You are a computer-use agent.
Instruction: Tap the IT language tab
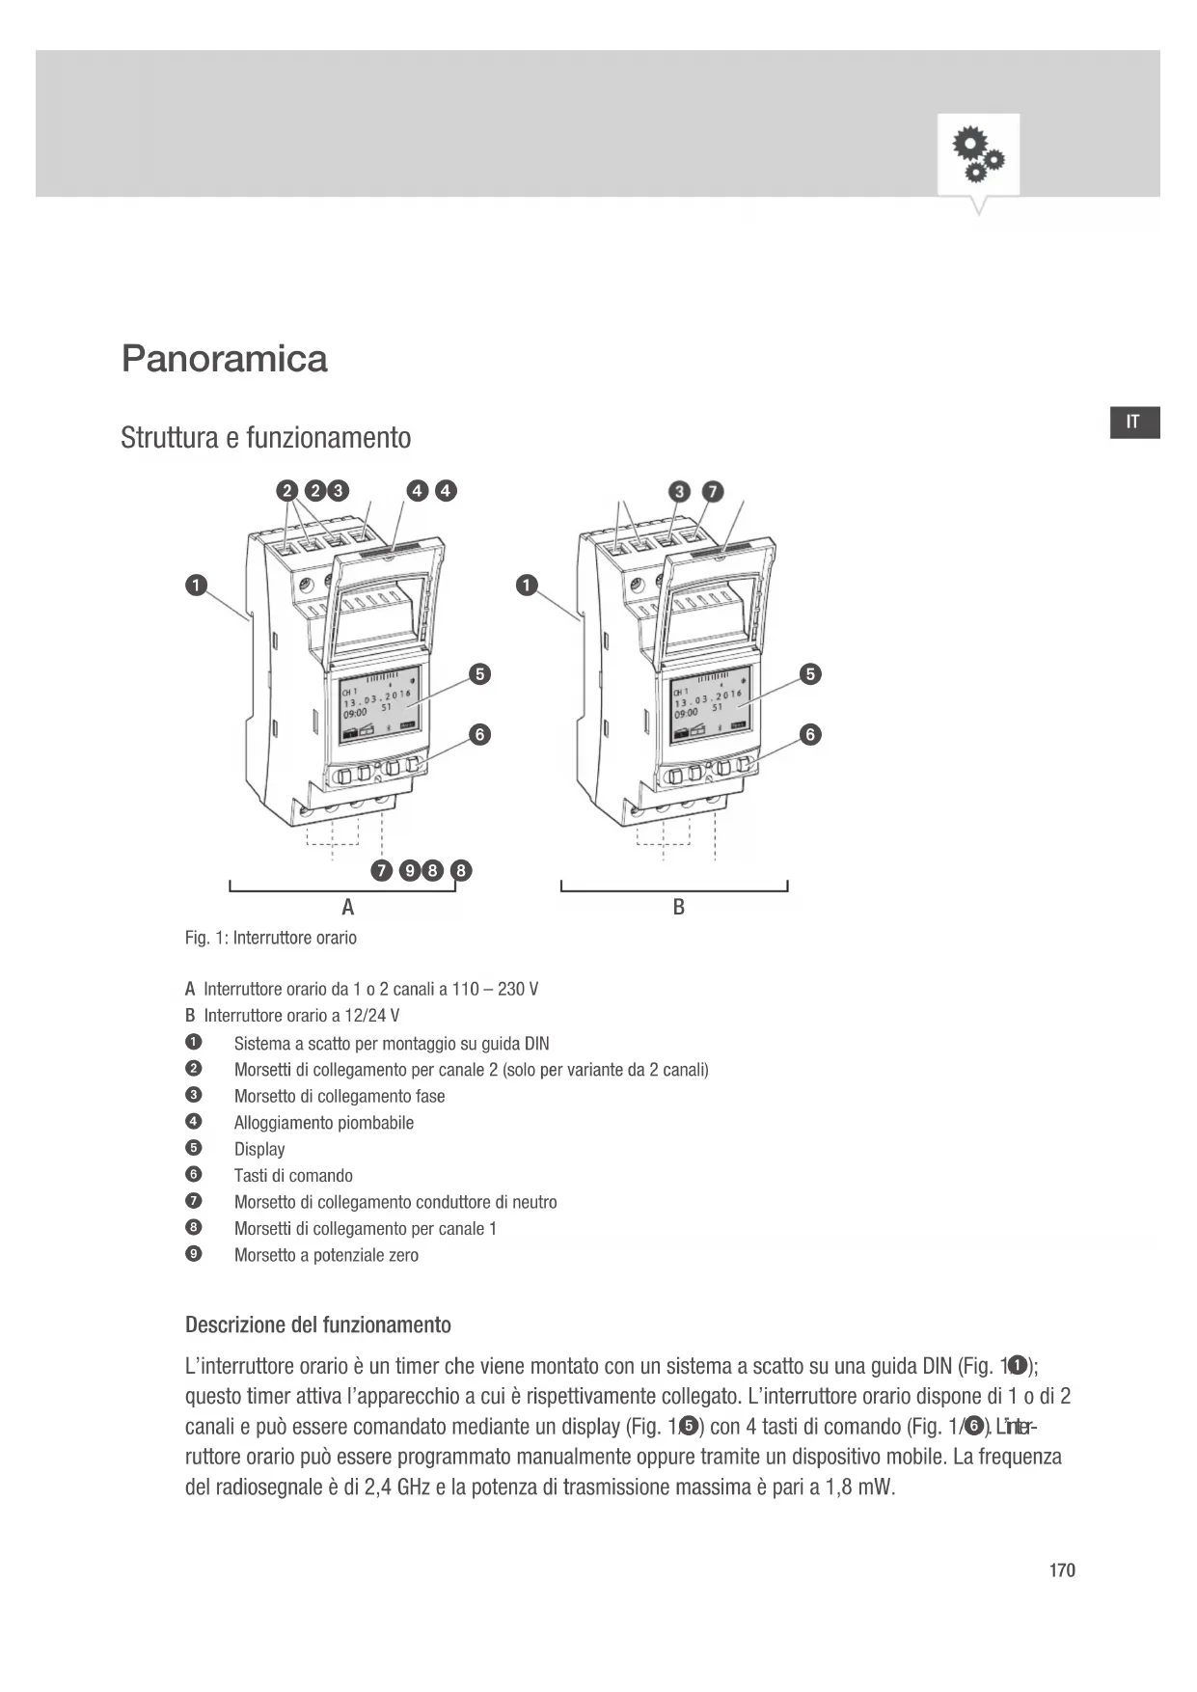[1133, 422]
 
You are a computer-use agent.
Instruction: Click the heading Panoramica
[224, 359]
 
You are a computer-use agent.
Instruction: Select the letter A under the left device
[348, 907]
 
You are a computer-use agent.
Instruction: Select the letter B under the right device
[679, 907]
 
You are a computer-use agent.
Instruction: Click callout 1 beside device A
[196, 585]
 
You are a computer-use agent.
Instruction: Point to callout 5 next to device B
[811, 673]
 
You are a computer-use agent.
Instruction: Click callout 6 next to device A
[479, 734]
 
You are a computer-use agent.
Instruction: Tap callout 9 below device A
[410, 871]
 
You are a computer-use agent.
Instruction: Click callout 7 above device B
[712, 491]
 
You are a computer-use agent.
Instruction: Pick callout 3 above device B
[680, 491]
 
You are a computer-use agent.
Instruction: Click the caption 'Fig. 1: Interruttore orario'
[270, 938]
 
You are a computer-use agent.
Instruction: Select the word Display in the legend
[259, 1149]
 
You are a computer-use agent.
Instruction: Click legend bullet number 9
[193, 1254]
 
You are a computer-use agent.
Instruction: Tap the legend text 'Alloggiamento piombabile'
[323, 1123]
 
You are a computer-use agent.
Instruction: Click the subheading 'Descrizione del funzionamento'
[317, 1324]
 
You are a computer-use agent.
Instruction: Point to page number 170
[1062, 1570]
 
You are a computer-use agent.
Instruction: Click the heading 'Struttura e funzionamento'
[265, 438]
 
